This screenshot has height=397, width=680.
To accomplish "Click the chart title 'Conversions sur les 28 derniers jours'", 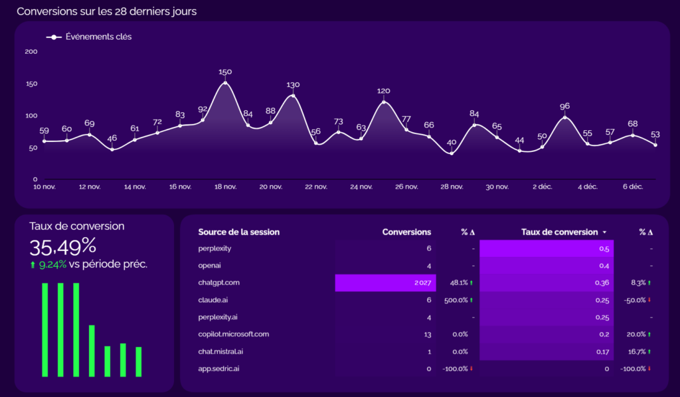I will click(106, 11).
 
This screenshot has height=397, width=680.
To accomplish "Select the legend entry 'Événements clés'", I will click(98, 37).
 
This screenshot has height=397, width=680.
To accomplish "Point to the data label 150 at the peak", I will click(225, 72).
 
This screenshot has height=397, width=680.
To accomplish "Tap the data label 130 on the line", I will click(293, 85).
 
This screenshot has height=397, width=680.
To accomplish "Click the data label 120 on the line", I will click(383, 91).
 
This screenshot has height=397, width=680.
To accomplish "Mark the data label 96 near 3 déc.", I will click(564, 106).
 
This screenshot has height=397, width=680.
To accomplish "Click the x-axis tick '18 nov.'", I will click(225, 187).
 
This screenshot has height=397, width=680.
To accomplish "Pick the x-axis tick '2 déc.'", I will click(542, 187).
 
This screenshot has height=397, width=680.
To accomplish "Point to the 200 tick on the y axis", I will click(31, 52).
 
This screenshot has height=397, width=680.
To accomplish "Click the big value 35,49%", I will click(63, 247).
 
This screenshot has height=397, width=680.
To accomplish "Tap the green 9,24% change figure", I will click(52, 264).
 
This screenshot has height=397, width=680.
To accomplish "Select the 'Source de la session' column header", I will click(238, 232).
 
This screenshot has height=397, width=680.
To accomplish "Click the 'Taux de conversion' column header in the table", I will click(559, 232).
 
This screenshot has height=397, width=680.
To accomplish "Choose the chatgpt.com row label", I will click(218, 283).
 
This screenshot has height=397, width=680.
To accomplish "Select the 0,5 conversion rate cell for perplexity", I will click(604, 248).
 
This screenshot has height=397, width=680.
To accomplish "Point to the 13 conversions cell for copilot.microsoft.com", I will click(427, 334).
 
